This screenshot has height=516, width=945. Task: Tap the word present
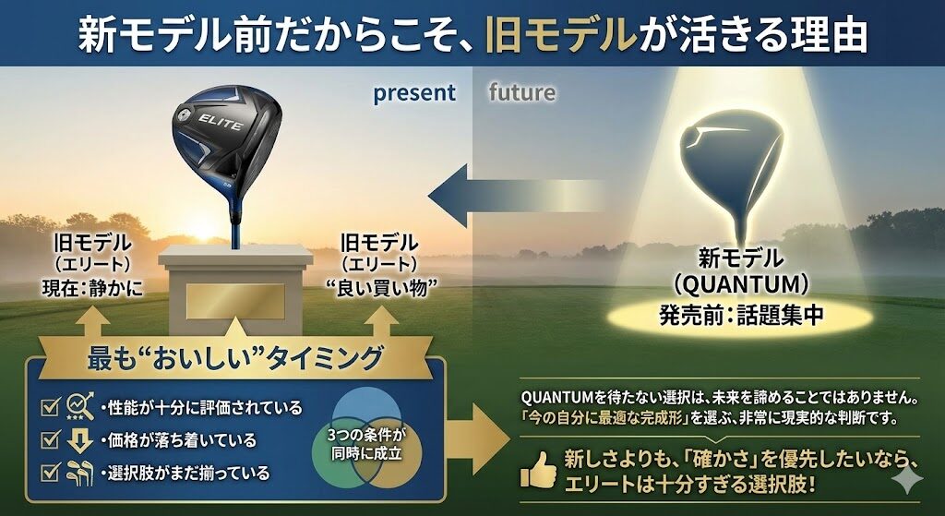tap(414, 93)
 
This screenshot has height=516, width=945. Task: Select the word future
tap(522, 92)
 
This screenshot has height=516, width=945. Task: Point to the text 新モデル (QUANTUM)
tap(741, 272)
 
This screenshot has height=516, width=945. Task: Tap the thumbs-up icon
tap(538, 470)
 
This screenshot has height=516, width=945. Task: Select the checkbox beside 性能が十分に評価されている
tap(50, 408)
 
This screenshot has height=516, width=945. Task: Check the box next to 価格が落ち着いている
tap(50, 440)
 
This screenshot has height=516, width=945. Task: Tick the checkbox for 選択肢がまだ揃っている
tap(50, 473)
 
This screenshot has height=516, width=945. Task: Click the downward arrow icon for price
tap(79, 440)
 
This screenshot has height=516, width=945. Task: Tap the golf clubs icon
tap(79, 474)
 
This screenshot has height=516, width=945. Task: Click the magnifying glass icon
tap(80, 406)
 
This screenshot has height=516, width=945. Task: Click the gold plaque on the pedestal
tap(235, 301)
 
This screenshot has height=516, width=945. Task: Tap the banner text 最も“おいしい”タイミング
tap(235, 359)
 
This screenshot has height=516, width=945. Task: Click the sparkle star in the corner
tap(906, 479)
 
